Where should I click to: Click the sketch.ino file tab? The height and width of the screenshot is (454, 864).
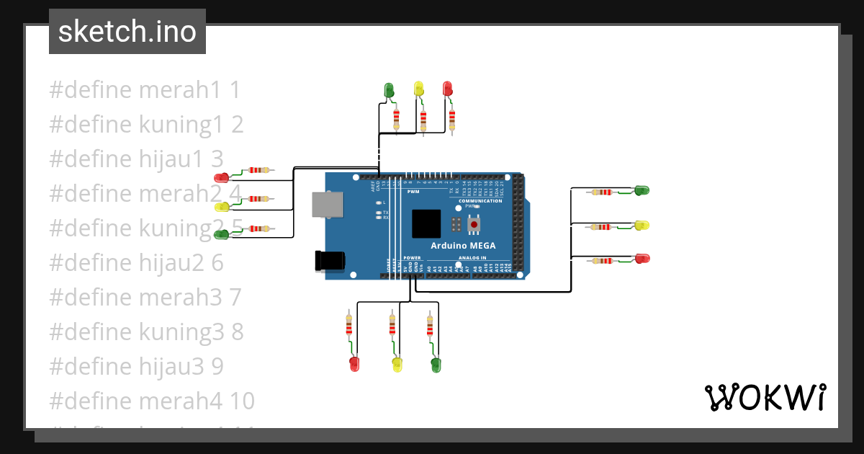pyautogui.click(x=127, y=32)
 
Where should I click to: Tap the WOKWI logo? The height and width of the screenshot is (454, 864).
pyautogui.click(x=764, y=397)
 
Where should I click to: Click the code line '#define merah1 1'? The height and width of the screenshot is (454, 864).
pyautogui.click(x=144, y=90)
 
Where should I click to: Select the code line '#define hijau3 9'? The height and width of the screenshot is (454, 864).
pyautogui.click(x=136, y=367)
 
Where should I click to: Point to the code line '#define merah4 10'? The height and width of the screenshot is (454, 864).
pyautogui.click(x=151, y=401)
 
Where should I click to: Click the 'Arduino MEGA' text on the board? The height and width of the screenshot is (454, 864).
pyautogui.click(x=463, y=246)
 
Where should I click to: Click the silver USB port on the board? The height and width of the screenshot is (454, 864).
pyautogui.click(x=328, y=204)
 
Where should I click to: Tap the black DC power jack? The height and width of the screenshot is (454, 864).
pyautogui.click(x=330, y=260)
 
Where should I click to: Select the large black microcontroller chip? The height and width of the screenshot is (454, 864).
pyautogui.click(x=426, y=223)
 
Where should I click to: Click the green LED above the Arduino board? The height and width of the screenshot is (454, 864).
pyautogui.click(x=390, y=90)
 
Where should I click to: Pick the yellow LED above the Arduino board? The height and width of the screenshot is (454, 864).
pyautogui.click(x=418, y=89)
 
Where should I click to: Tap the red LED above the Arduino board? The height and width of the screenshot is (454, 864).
pyautogui.click(x=447, y=89)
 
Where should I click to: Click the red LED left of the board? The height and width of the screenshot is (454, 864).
pyautogui.click(x=222, y=177)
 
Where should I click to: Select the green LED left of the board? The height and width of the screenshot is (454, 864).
pyautogui.click(x=222, y=233)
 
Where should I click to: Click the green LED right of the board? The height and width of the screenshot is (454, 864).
pyautogui.click(x=641, y=190)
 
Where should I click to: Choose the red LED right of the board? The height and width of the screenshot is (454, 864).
pyautogui.click(x=641, y=258)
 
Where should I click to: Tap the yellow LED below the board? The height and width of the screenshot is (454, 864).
pyautogui.click(x=396, y=364)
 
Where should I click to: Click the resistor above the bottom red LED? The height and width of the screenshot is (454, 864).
pyautogui.click(x=349, y=326)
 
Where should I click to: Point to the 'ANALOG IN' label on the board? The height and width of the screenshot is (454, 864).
pyautogui.click(x=472, y=257)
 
